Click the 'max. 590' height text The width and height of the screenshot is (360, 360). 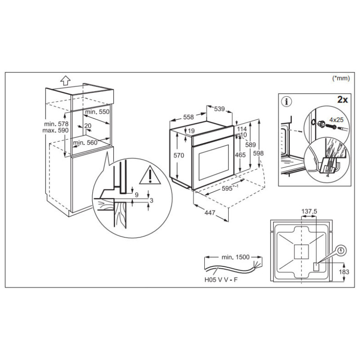[57, 130]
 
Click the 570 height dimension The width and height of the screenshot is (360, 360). [179, 156]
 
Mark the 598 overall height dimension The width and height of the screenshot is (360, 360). [258, 153]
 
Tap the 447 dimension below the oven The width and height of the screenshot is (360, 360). [207, 213]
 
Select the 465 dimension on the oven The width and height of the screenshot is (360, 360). [241, 155]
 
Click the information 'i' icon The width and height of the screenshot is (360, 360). [285, 100]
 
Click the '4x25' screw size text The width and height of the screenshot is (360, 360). [336, 120]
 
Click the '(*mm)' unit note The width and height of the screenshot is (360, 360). [341, 78]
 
